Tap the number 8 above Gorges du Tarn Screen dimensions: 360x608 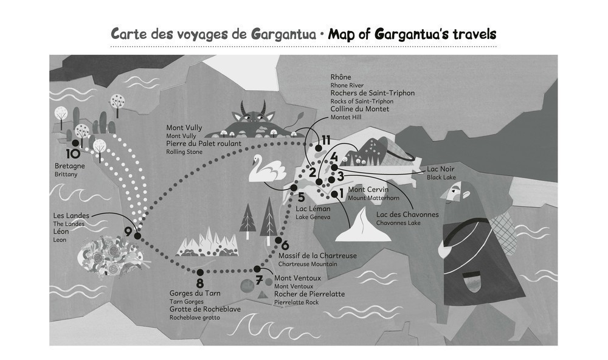click(199, 283)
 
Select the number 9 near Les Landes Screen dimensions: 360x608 click(128, 231)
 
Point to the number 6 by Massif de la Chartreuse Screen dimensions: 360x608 click(285, 245)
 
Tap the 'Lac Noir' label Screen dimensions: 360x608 click(441, 168)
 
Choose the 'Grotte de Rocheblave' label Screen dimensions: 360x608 click(205, 309)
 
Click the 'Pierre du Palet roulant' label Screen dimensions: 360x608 click(204, 144)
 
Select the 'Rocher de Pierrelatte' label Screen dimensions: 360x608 click(309, 294)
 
